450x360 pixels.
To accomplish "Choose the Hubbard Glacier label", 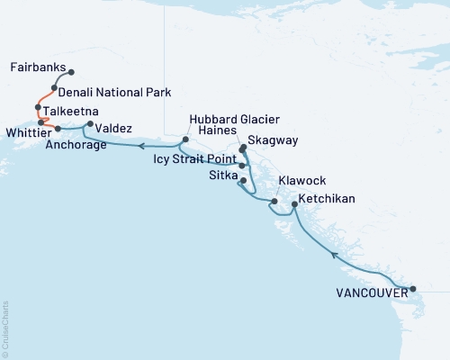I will coord(233,120).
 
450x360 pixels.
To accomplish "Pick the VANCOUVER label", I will coord(370,292).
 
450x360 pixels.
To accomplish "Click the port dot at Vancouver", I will coord(412,289).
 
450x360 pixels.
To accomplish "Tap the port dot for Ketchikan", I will coord(294,205).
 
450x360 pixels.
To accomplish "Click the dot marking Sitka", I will coord(243,181).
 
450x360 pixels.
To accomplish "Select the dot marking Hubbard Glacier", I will coord(185,139).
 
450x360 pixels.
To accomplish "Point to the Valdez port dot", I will coord(89,124).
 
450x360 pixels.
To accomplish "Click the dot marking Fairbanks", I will coord(71,72).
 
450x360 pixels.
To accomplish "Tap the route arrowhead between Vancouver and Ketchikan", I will coord(334,256).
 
